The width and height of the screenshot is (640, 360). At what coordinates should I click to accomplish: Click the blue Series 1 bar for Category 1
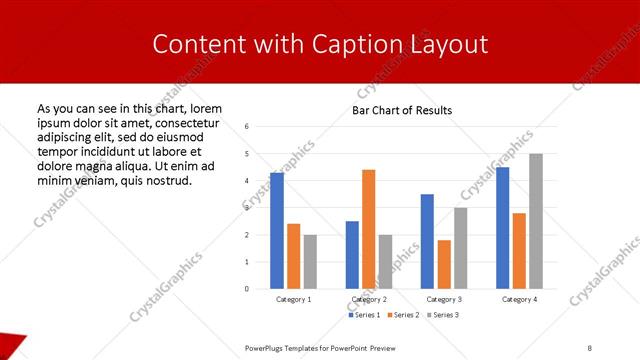(277, 231)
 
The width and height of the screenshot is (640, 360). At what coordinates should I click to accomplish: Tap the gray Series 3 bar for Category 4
(535, 221)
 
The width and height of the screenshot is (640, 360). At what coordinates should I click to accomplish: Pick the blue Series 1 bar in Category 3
(427, 241)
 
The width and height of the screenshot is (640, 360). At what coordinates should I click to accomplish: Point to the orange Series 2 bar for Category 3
(444, 264)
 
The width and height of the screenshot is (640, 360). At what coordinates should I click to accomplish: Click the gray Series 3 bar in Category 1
(310, 262)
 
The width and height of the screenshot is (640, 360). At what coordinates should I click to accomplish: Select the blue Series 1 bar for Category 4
(502, 228)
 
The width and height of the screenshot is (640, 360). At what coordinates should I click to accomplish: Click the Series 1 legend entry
(363, 315)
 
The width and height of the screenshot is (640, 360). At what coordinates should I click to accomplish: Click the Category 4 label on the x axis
(519, 299)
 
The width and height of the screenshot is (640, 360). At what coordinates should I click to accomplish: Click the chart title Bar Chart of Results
(401, 110)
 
